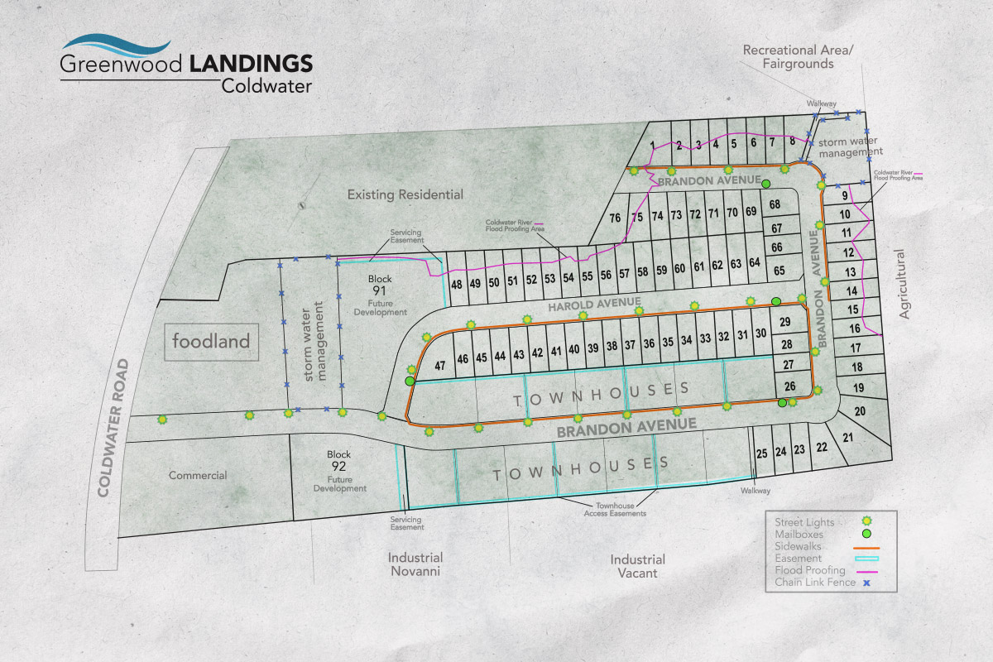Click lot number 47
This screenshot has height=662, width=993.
pos(440,365)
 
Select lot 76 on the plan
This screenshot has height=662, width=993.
pos(615,218)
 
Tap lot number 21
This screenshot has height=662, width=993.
pos(847,438)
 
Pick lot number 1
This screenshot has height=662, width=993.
pos(653,146)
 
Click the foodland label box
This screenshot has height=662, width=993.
pos(211,341)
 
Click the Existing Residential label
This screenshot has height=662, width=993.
pos(405,195)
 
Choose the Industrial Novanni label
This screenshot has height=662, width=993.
pos(415,564)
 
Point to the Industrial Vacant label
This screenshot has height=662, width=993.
pos(638,566)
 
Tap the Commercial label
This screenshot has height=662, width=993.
pos(198,476)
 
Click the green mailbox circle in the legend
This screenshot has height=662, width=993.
pos(866,535)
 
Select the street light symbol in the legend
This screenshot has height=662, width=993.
pos(866,521)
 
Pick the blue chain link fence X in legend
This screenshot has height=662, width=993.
pos(866,583)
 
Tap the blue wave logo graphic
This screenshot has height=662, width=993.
pos(117,45)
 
